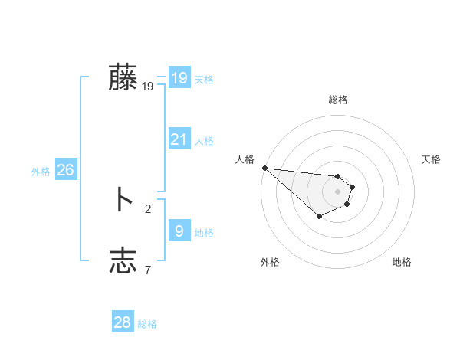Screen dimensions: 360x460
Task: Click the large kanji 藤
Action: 123,77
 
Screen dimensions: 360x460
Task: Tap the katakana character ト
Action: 123,200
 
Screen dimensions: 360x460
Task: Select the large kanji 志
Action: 123,260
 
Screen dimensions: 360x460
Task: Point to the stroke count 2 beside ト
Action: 148,208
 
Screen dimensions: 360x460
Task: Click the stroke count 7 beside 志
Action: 148,270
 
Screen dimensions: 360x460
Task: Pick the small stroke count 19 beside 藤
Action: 147,87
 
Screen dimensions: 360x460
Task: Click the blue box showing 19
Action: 179,78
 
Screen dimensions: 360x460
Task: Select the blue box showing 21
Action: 179,139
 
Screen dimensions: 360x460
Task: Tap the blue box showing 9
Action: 179,231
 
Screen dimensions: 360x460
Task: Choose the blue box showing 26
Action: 65,170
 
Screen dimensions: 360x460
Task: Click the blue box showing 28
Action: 122,322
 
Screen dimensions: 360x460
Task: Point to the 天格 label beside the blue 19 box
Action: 204,80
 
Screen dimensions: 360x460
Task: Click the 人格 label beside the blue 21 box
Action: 204,141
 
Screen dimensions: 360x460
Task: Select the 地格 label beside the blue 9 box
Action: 204,233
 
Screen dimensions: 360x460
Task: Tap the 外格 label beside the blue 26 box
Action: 41,172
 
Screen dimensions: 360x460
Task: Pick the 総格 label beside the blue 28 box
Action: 147,325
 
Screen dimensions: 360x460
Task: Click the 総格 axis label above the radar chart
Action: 337,100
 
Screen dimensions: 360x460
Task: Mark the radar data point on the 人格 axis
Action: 264,168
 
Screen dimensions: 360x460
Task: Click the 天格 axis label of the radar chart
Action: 432,159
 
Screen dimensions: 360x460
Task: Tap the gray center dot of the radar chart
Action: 337,191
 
